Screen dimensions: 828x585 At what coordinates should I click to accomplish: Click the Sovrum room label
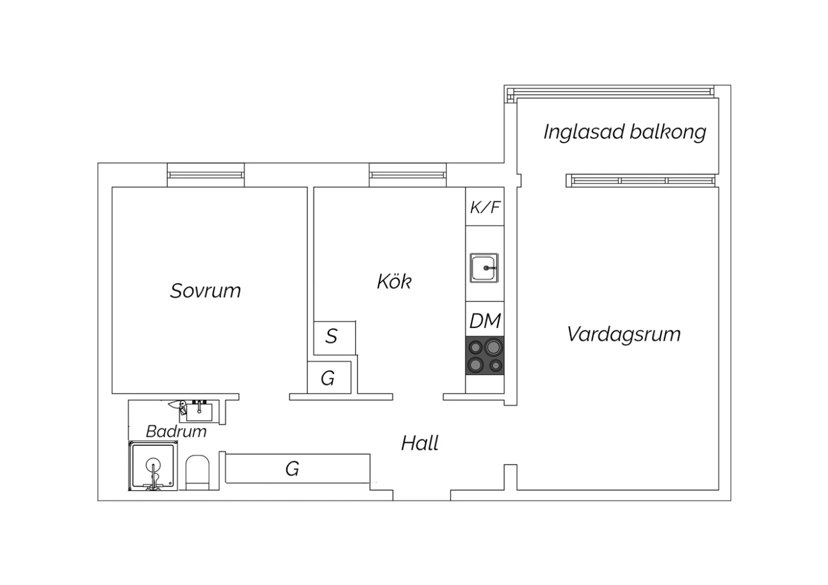(205, 291)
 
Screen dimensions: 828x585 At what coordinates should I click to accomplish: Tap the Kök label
(394, 281)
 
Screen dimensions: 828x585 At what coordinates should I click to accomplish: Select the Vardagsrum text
(624, 334)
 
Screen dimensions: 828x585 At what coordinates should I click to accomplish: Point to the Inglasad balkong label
(625, 132)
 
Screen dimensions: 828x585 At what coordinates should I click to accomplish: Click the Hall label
(420, 443)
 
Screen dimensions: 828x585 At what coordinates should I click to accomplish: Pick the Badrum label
(176, 432)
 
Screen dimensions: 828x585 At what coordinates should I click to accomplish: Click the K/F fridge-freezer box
(485, 206)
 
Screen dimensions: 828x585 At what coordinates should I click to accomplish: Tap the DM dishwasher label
(485, 321)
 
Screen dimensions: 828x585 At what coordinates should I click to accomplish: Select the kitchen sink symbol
(484, 268)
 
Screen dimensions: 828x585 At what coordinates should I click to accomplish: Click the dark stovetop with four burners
(485, 355)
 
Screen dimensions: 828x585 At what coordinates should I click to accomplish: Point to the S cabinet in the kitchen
(335, 338)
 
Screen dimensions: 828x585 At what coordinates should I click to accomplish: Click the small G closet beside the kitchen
(329, 377)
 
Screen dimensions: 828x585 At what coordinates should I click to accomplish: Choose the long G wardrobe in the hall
(298, 468)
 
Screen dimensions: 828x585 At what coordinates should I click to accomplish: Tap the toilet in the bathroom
(197, 472)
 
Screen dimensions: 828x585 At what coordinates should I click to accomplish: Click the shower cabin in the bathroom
(153, 466)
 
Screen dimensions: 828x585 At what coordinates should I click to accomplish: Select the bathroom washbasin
(199, 412)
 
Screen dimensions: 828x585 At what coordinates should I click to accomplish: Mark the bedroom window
(205, 175)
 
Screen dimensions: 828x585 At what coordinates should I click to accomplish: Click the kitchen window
(407, 175)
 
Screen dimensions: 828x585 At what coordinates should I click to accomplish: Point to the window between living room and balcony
(640, 180)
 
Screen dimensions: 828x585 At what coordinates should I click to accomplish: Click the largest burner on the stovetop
(493, 347)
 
